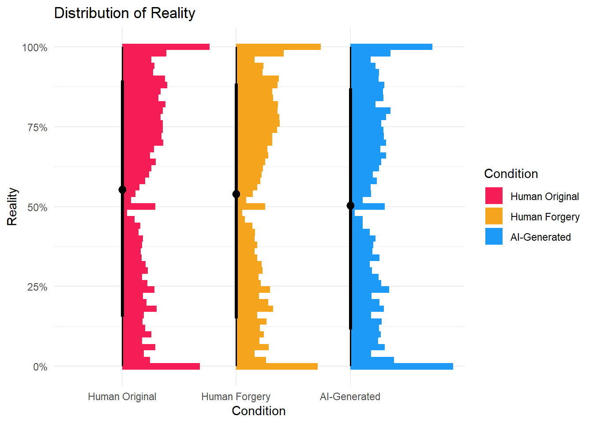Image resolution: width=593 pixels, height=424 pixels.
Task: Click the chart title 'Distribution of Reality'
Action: (124, 13)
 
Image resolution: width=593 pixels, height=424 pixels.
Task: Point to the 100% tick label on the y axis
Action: (35, 48)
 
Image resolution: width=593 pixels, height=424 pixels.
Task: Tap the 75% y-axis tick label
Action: (37, 128)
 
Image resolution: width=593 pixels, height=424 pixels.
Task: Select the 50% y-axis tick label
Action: (37, 208)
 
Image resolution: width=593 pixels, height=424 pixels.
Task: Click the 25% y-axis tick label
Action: (37, 287)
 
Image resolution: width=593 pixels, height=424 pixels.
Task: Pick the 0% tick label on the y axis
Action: (40, 367)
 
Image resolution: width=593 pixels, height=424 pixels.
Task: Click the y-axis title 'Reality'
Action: (12, 207)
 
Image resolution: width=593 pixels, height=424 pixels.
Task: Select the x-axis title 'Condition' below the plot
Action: (259, 411)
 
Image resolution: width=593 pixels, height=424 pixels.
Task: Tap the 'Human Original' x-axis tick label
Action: (122, 397)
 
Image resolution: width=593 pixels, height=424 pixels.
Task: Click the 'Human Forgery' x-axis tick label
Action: (236, 397)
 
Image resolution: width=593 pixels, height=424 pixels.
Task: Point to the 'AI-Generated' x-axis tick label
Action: (350, 397)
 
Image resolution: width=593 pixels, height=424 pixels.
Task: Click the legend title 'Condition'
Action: (511, 174)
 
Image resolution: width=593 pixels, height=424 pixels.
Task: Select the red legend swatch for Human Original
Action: (494, 196)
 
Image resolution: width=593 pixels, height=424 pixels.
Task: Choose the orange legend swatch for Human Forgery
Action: (494, 216)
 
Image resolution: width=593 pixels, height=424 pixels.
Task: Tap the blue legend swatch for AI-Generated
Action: (494, 237)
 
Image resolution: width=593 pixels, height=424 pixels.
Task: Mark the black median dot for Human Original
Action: (122, 190)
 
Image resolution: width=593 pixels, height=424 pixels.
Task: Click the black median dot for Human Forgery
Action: (236, 194)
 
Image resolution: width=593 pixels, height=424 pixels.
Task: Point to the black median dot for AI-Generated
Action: (350, 205)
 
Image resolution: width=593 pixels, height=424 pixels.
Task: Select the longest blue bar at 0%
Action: (402, 366)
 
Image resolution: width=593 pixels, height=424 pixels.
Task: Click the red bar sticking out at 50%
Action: (141, 206)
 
